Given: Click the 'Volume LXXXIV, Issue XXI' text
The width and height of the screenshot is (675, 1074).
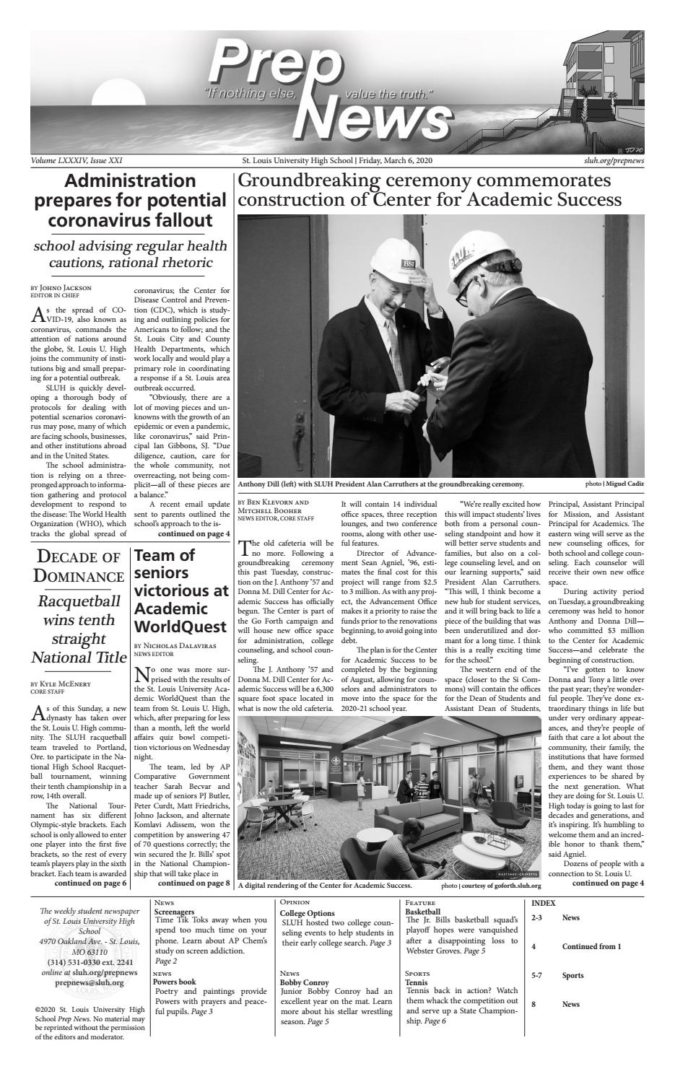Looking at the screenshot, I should coord(81,160).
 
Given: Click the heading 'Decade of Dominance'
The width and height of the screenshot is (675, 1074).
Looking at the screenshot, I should coord(79,566).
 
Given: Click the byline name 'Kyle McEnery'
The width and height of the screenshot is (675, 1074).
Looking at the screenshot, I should coord(69,683).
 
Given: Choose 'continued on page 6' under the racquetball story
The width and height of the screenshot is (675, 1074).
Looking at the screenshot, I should coord(91,883).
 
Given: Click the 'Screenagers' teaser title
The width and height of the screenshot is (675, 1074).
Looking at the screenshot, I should coord(175,912).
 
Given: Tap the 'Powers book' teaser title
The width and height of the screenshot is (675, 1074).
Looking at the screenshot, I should coord(175,982).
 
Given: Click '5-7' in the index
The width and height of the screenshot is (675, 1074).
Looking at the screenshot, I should coord(537,975).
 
